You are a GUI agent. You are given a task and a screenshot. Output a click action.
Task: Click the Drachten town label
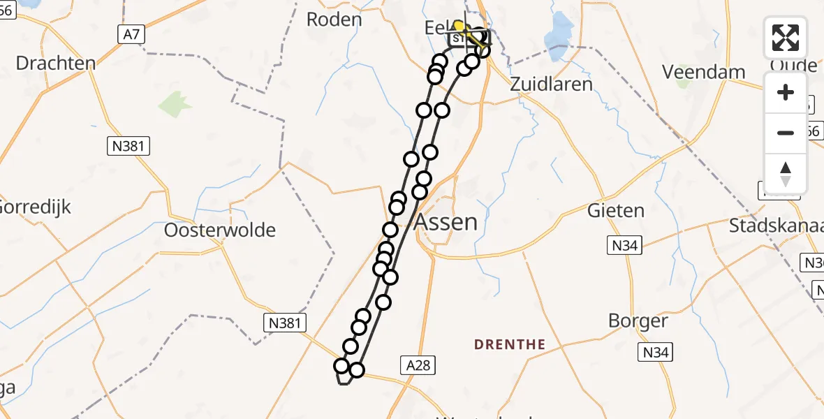pyautogui.click(x=55, y=64)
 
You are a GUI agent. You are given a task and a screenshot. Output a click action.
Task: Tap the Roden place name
pyautogui.click(x=334, y=19)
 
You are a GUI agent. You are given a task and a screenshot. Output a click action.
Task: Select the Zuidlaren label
pyautogui.click(x=552, y=84)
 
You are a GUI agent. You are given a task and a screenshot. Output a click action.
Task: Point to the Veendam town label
pyautogui.click(x=704, y=72)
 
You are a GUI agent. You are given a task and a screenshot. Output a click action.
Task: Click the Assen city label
pyautogui.click(x=447, y=222)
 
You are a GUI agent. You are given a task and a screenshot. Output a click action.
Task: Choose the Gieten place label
pyautogui.click(x=615, y=209)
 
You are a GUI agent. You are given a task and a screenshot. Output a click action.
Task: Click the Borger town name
pyautogui.click(x=638, y=321)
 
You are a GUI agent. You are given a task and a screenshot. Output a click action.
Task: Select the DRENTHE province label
pyautogui.click(x=510, y=344)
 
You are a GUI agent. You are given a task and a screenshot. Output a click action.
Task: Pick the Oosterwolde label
pyautogui.click(x=220, y=230)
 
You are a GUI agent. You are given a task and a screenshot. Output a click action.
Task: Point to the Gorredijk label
pyautogui.click(x=35, y=207)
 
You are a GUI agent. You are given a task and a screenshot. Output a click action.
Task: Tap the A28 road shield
pyautogui.click(x=419, y=364)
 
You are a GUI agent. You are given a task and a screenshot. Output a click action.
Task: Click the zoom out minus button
pyautogui.click(x=786, y=133)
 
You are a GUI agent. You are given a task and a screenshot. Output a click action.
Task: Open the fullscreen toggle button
pyautogui.click(x=786, y=38)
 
